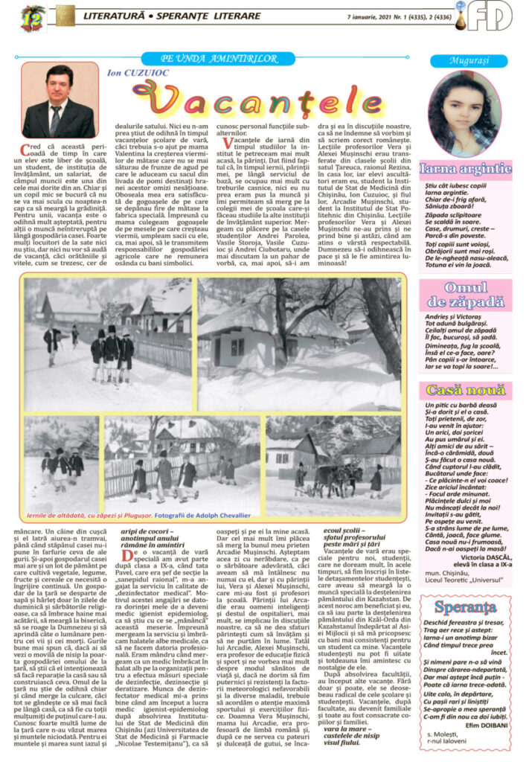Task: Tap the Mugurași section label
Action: tap(469, 61)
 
